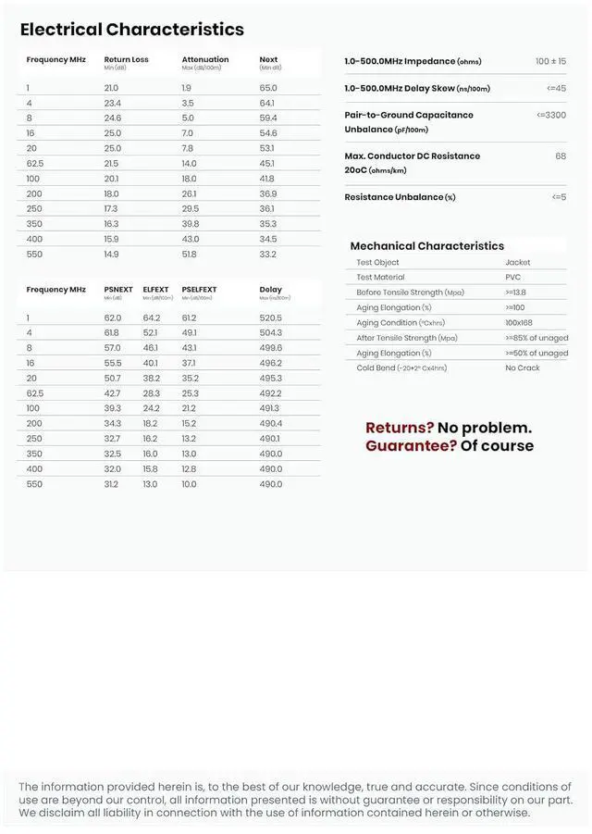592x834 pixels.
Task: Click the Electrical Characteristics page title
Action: click(132, 30)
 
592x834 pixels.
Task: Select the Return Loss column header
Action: click(126, 60)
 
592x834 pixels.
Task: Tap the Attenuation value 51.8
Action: click(189, 255)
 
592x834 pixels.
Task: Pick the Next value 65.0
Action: click(268, 88)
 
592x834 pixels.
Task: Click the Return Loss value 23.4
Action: click(112, 103)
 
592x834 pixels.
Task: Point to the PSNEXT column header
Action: click(117, 290)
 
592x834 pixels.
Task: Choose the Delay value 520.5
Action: click(271, 317)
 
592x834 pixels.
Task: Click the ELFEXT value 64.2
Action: click(152, 317)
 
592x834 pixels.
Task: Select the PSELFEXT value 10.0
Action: click(189, 484)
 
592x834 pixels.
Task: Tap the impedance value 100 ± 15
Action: click(550, 61)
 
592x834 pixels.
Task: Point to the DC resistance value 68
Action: click(561, 156)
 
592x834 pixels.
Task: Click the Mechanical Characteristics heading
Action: click(426, 246)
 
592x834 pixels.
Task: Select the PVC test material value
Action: click(512, 277)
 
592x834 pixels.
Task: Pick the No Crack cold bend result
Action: click(523, 367)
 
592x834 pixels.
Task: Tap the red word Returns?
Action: click(400, 428)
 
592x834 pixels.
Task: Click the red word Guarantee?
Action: click(411, 445)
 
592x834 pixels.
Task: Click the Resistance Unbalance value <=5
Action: click(559, 197)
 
